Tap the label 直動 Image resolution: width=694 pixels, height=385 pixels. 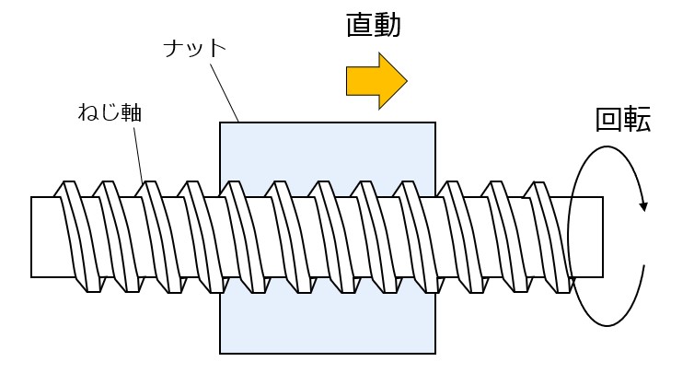pos(374,26)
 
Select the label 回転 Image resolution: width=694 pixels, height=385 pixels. pos(623,120)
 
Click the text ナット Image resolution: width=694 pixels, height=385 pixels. pos(195,48)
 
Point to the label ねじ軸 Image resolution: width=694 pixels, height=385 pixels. pos(110,112)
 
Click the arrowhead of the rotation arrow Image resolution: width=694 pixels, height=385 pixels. pos(643,206)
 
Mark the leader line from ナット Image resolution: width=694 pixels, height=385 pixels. pos(225,93)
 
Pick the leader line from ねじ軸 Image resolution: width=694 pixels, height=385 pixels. pos(139,154)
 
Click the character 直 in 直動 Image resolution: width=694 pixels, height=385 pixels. pos(359,26)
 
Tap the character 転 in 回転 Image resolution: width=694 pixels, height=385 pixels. pos(637,120)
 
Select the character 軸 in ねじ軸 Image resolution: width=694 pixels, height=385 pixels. pos(132,113)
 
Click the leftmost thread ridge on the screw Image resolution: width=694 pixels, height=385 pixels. pos(78,237)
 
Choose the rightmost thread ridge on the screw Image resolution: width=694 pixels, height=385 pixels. pos(548,237)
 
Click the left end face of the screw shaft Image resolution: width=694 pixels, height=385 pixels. pos(31,237)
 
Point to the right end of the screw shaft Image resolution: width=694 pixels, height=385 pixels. pos(602,237)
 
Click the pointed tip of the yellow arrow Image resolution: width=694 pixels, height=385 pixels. pos(407,81)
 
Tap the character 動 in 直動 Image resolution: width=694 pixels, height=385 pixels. pos(387,26)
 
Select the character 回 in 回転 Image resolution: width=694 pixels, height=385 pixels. pos(609,120)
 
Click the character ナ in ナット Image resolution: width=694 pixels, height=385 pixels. pos(174,48)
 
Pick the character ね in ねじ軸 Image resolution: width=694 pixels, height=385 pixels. pos(88,113)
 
